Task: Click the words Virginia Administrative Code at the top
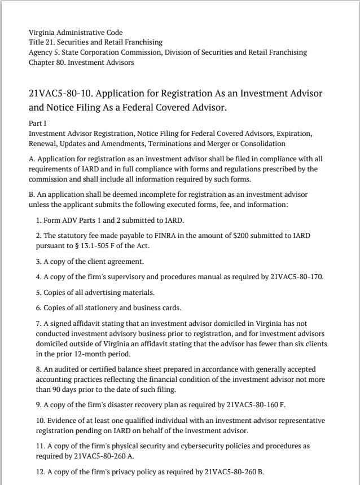pyautogui.click(x=76, y=32)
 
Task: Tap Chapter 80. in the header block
pyautogui.click(x=48, y=62)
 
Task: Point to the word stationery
pyautogui.click(x=95, y=308)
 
